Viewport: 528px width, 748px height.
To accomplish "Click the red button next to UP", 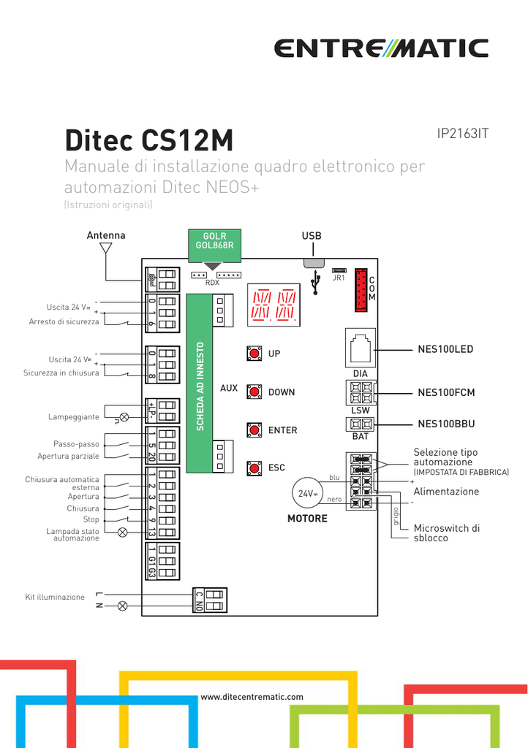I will [254, 354].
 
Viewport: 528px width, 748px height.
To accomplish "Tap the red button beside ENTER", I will [254, 430].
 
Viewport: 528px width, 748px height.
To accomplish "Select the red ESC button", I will [254, 467].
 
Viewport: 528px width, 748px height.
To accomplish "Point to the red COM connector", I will [361, 289].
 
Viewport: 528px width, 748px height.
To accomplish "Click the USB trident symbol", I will [315, 283].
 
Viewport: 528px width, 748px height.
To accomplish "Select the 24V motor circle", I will [307, 494].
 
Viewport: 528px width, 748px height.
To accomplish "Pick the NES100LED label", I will [445, 350].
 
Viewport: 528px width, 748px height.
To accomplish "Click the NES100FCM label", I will [446, 393].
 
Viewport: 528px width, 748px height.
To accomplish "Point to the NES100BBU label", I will [446, 424].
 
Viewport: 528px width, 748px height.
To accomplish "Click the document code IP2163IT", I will [462, 134].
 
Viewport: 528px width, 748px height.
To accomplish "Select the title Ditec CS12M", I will [149, 140].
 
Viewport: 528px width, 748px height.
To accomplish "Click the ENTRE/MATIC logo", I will [381, 48].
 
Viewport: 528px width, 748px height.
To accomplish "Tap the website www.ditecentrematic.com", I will [252, 697].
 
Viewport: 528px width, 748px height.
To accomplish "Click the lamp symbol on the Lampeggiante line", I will [124, 417].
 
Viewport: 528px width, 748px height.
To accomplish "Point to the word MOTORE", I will [307, 519].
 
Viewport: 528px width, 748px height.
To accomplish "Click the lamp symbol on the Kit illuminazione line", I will [123, 606].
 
